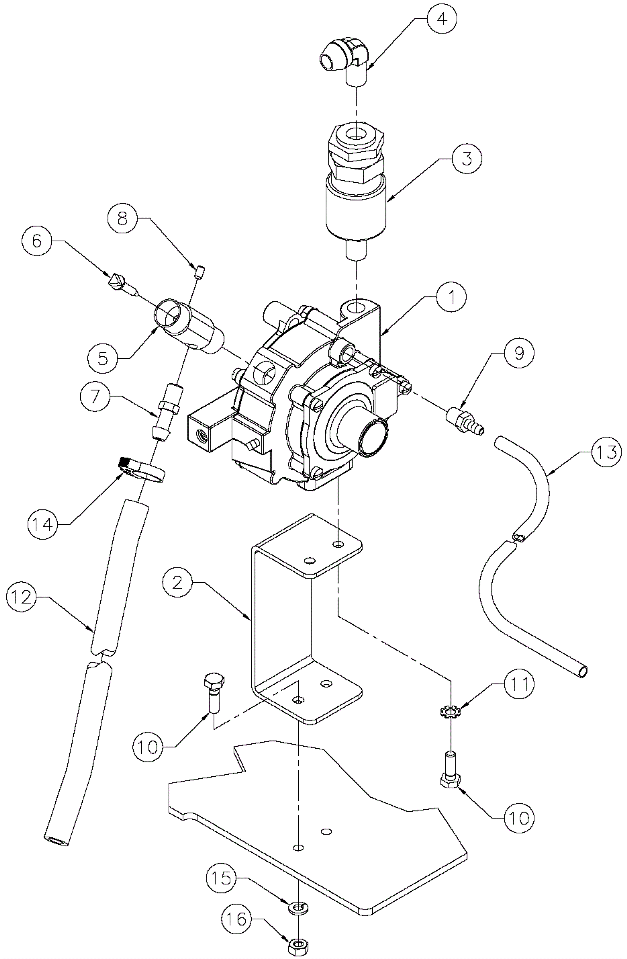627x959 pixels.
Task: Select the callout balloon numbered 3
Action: point(466,159)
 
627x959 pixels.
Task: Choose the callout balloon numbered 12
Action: point(22,597)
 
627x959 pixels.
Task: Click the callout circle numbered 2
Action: point(178,582)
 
